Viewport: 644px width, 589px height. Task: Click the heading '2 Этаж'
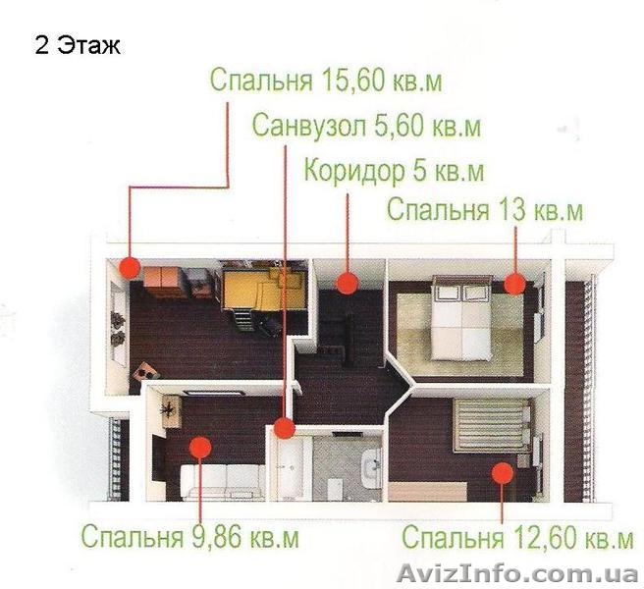click(x=77, y=46)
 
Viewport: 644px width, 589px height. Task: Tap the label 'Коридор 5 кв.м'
click(x=394, y=171)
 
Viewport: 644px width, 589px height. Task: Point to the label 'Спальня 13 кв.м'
click(x=485, y=210)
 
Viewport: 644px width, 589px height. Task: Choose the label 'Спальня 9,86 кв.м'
click(x=189, y=538)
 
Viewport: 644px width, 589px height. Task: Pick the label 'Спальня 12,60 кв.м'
click(x=517, y=539)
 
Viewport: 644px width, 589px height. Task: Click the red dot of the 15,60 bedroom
click(x=130, y=266)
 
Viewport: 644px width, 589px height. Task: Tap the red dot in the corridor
click(x=347, y=284)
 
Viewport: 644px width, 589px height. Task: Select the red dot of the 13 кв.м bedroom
click(x=514, y=284)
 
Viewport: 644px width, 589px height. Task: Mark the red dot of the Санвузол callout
click(x=284, y=428)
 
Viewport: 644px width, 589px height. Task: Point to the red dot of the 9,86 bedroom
click(x=199, y=449)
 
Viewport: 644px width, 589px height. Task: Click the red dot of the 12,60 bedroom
click(x=503, y=472)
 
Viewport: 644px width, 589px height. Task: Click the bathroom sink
click(x=371, y=467)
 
